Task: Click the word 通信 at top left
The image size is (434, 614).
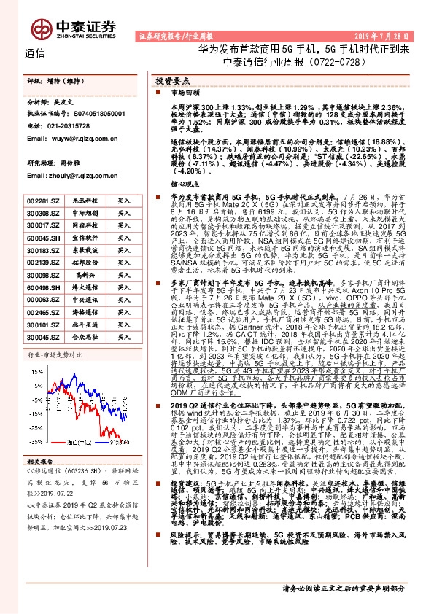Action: (x=34, y=54)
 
